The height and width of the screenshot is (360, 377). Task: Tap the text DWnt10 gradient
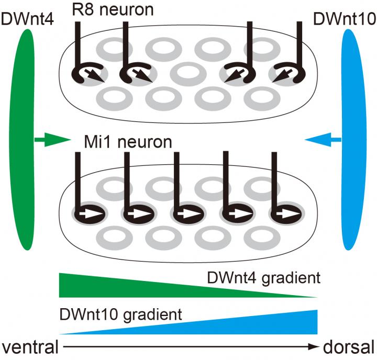[x=121, y=315]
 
